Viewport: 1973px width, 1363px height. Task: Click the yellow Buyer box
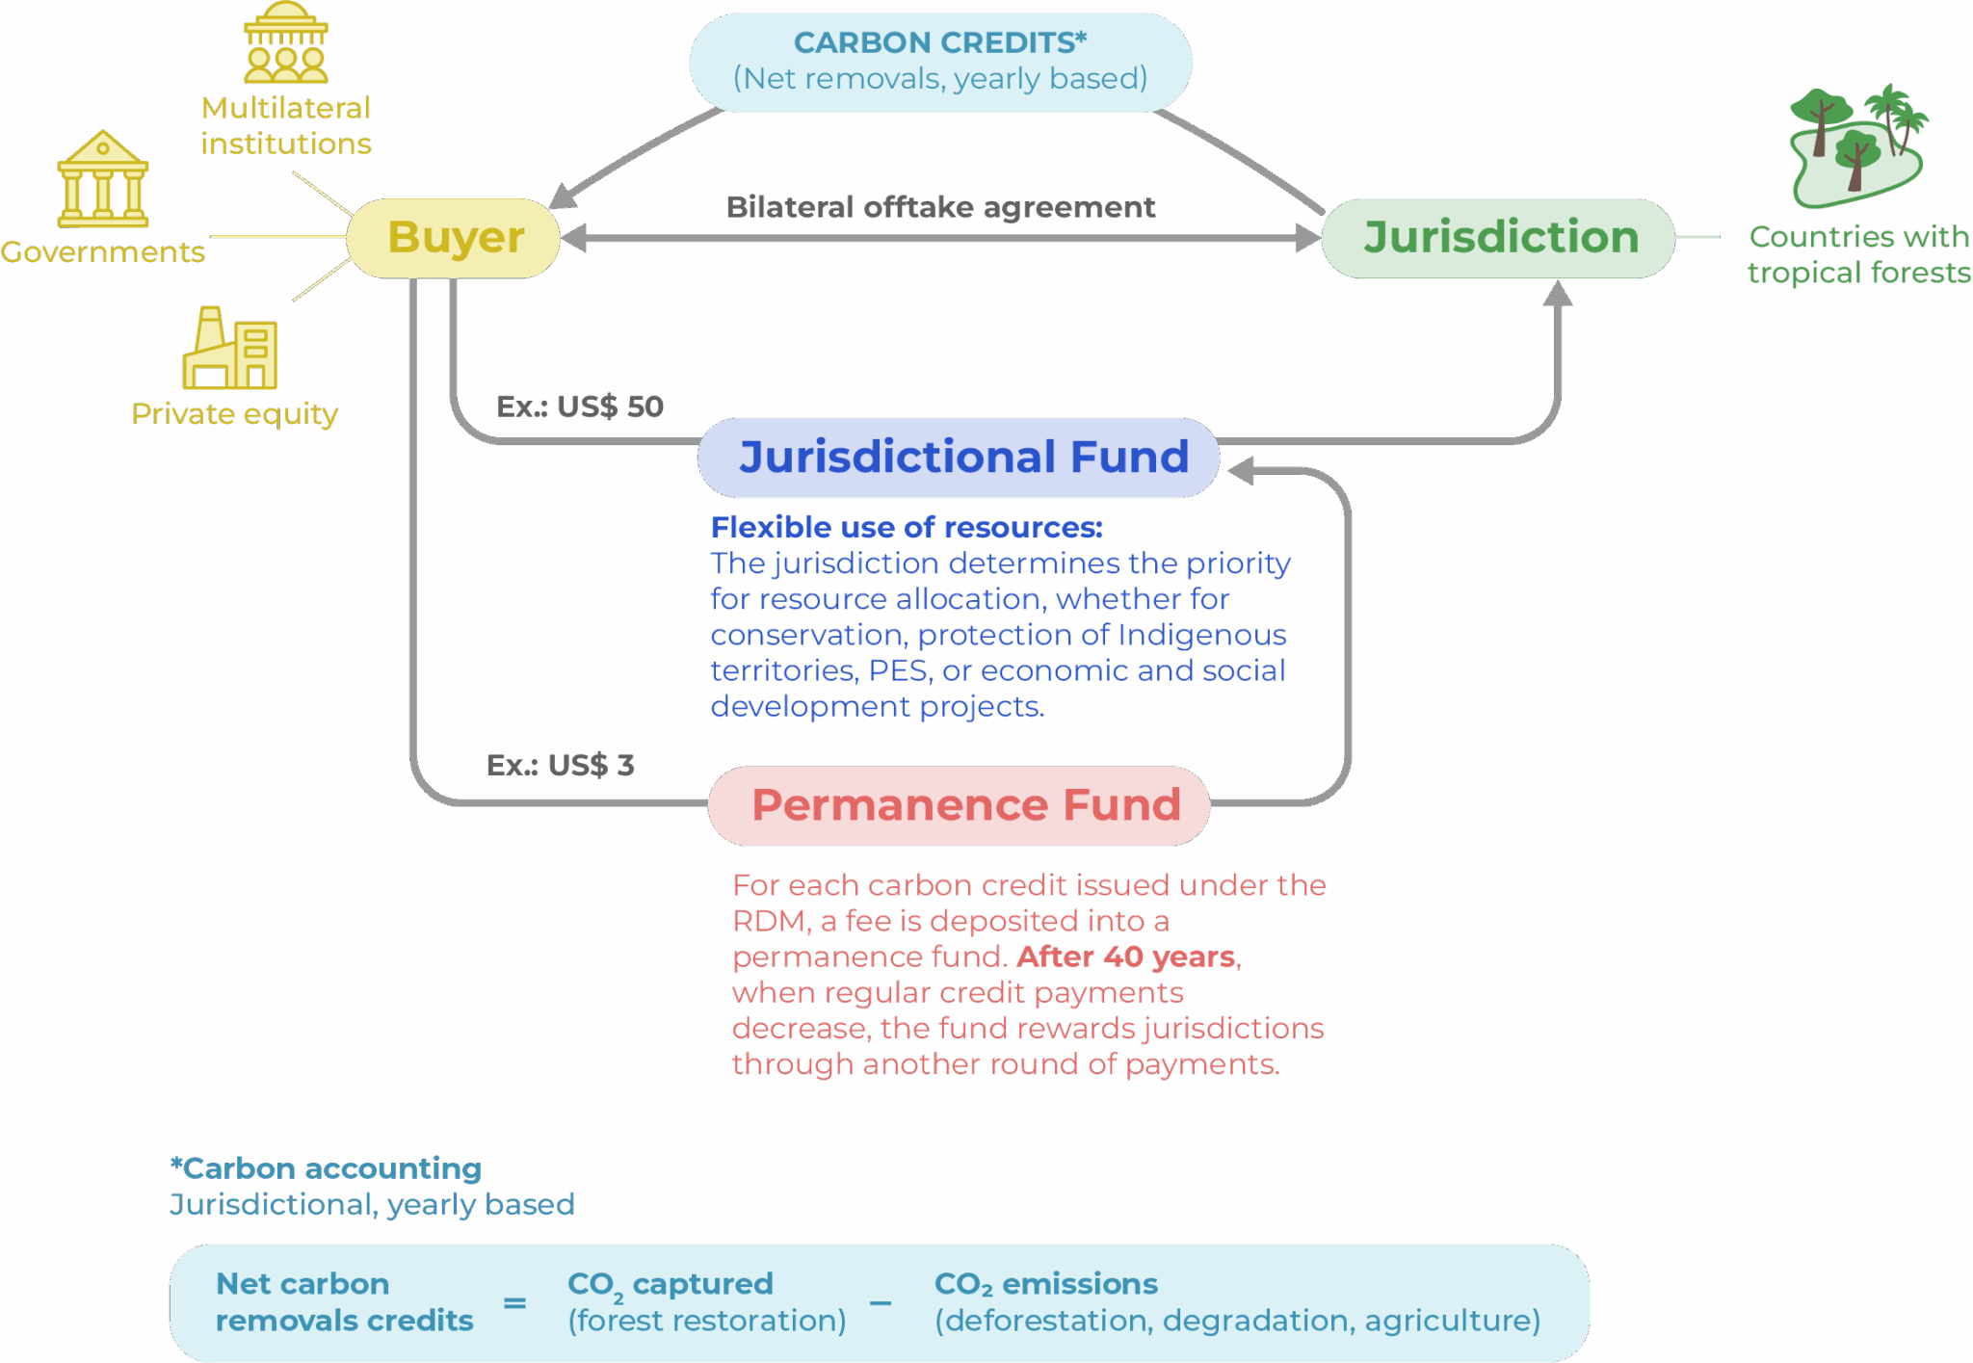[453, 238]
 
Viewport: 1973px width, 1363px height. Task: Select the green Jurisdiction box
[1498, 238]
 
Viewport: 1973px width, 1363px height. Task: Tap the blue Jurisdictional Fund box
[959, 458]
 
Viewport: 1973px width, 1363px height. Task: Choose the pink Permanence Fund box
[959, 805]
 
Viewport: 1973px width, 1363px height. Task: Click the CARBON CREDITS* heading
[940, 42]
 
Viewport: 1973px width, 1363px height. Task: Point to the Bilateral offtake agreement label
[940, 207]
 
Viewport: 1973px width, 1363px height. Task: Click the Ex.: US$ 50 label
[580, 406]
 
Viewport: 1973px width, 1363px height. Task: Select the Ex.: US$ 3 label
[561, 765]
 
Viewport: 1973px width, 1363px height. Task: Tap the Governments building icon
[103, 179]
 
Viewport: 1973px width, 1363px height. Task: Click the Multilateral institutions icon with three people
[286, 42]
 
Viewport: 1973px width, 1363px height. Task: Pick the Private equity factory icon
[230, 348]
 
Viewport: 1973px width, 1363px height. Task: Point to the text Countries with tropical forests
[1859, 254]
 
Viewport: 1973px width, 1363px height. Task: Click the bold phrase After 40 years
[1126, 957]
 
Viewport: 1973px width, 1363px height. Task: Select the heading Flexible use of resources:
[907, 527]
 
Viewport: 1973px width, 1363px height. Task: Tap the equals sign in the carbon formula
[515, 1303]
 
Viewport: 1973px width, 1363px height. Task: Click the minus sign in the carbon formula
[881, 1303]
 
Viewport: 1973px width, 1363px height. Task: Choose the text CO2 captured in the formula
[671, 1285]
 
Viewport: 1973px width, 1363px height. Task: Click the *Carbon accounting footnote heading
[326, 1168]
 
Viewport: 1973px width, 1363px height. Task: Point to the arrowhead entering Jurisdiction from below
[1558, 293]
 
